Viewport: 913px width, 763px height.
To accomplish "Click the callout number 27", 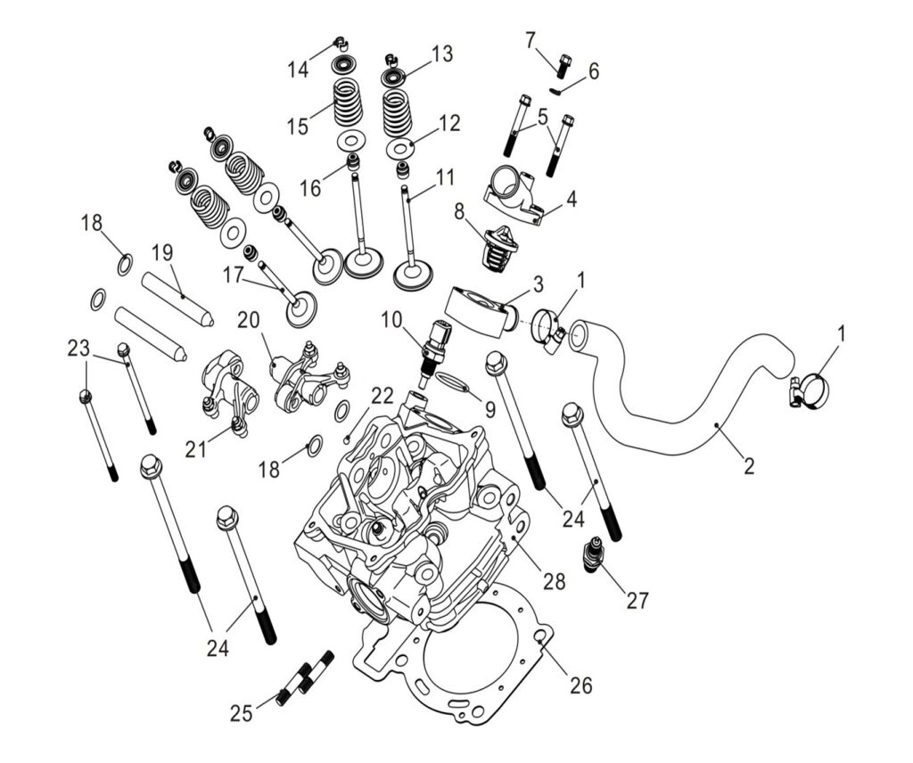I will point(637,600).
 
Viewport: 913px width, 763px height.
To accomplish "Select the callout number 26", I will point(580,685).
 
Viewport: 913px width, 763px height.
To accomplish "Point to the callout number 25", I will point(241,712).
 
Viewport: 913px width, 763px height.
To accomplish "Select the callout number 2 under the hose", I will point(749,464).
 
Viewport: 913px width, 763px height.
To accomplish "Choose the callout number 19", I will point(161,252).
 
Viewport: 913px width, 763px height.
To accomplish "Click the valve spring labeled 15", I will point(348,101).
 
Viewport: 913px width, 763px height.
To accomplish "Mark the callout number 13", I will point(442,54).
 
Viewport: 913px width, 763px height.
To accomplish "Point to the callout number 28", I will point(554,581).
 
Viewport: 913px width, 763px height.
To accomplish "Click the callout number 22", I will point(382,395).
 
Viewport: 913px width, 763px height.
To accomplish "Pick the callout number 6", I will point(593,71).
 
